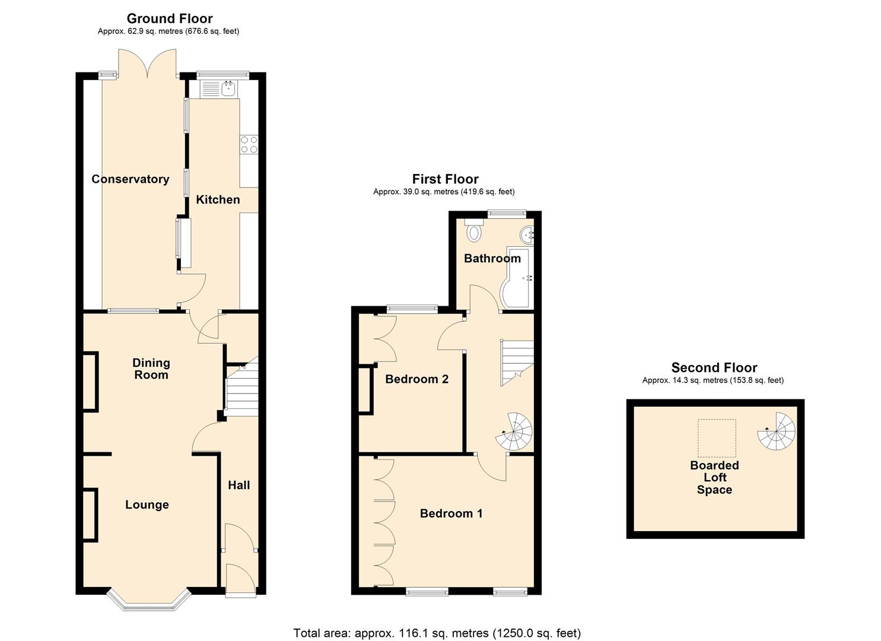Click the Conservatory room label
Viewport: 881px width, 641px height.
point(130,179)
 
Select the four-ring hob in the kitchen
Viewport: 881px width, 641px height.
point(249,144)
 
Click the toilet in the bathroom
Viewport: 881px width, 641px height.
point(474,231)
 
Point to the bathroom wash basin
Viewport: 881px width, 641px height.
point(527,235)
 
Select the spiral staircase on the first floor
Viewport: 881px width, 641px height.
point(514,431)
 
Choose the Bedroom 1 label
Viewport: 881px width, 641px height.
point(451,513)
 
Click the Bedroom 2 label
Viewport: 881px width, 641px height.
point(416,379)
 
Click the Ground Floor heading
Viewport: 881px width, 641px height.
point(170,18)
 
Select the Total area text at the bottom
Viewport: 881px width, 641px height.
point(437,633)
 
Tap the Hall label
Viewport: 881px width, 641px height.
point(239,485)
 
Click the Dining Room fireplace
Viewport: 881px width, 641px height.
point(90,381)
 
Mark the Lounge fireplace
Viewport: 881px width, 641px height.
point(90,515)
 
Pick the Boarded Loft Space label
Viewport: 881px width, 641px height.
point(714,478)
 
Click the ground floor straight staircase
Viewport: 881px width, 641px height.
point(241,389)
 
